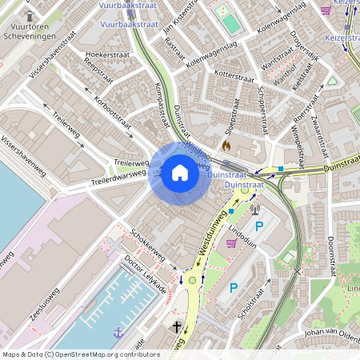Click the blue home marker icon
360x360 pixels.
pyautogui.click(x=180, y=173)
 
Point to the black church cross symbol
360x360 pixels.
pyautogui.click(x=177, y=326)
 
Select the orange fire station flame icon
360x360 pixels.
pyautogui.click(x=226, y=146)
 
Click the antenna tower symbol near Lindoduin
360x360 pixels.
pyautogui.click(x=255, y=210)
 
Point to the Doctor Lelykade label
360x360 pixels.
pyautogui.click(x=145, y=274)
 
